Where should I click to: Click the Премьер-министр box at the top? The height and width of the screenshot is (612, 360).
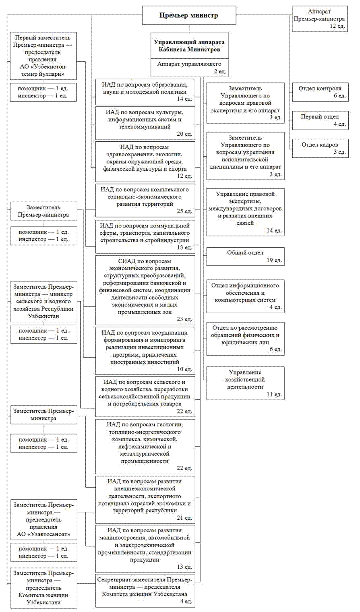point(188,16)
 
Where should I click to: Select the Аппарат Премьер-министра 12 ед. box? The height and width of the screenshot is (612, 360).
point(320,19)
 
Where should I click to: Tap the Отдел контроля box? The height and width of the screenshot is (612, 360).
point(320,92)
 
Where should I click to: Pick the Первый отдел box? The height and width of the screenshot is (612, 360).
point(320,120)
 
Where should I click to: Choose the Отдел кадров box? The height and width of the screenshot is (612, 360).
point(320,148)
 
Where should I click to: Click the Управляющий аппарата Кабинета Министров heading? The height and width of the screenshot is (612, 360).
point(189,45)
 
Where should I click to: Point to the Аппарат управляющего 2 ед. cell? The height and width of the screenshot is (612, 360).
point(189,67)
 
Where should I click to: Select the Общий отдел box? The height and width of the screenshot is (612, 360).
point(245,256)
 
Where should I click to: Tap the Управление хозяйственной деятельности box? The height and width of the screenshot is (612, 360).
point(245,383)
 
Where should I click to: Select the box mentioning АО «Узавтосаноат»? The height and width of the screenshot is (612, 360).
point(43,520)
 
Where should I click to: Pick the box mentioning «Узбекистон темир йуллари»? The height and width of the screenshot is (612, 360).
point(43,56)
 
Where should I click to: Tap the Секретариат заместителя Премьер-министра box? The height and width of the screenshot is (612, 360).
point(145,591)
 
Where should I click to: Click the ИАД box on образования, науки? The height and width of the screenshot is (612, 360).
point(145,91)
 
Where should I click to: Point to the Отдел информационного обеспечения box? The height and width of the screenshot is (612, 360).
point(245,296)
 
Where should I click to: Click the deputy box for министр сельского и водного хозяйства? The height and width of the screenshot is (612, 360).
point(43,302)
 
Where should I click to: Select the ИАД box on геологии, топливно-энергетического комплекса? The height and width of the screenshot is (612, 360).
point(145,446)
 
